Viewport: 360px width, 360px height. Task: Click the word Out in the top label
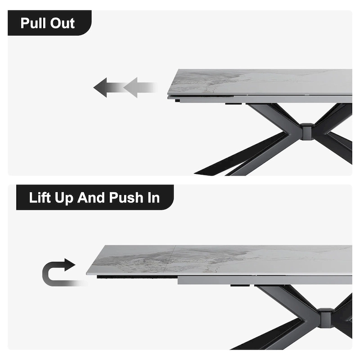62,23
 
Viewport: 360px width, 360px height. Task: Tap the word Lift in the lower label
40,198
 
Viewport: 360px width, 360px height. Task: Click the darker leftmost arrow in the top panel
104,87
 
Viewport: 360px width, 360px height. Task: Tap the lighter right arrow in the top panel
137,87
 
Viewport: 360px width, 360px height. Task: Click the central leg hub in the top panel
307,131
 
